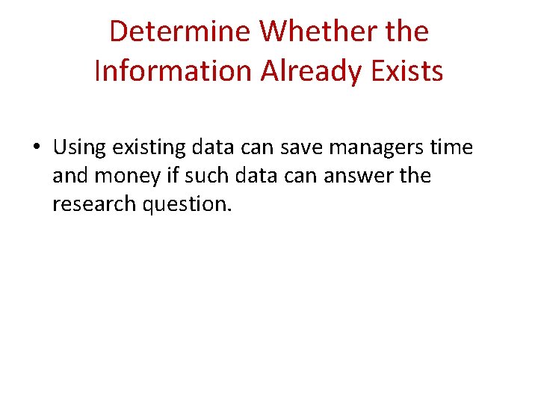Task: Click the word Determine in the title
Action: pos(180,32)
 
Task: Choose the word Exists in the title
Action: pos(408,71)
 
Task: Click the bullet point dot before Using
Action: pos(36,148)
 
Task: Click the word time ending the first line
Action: pos(452,147)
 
